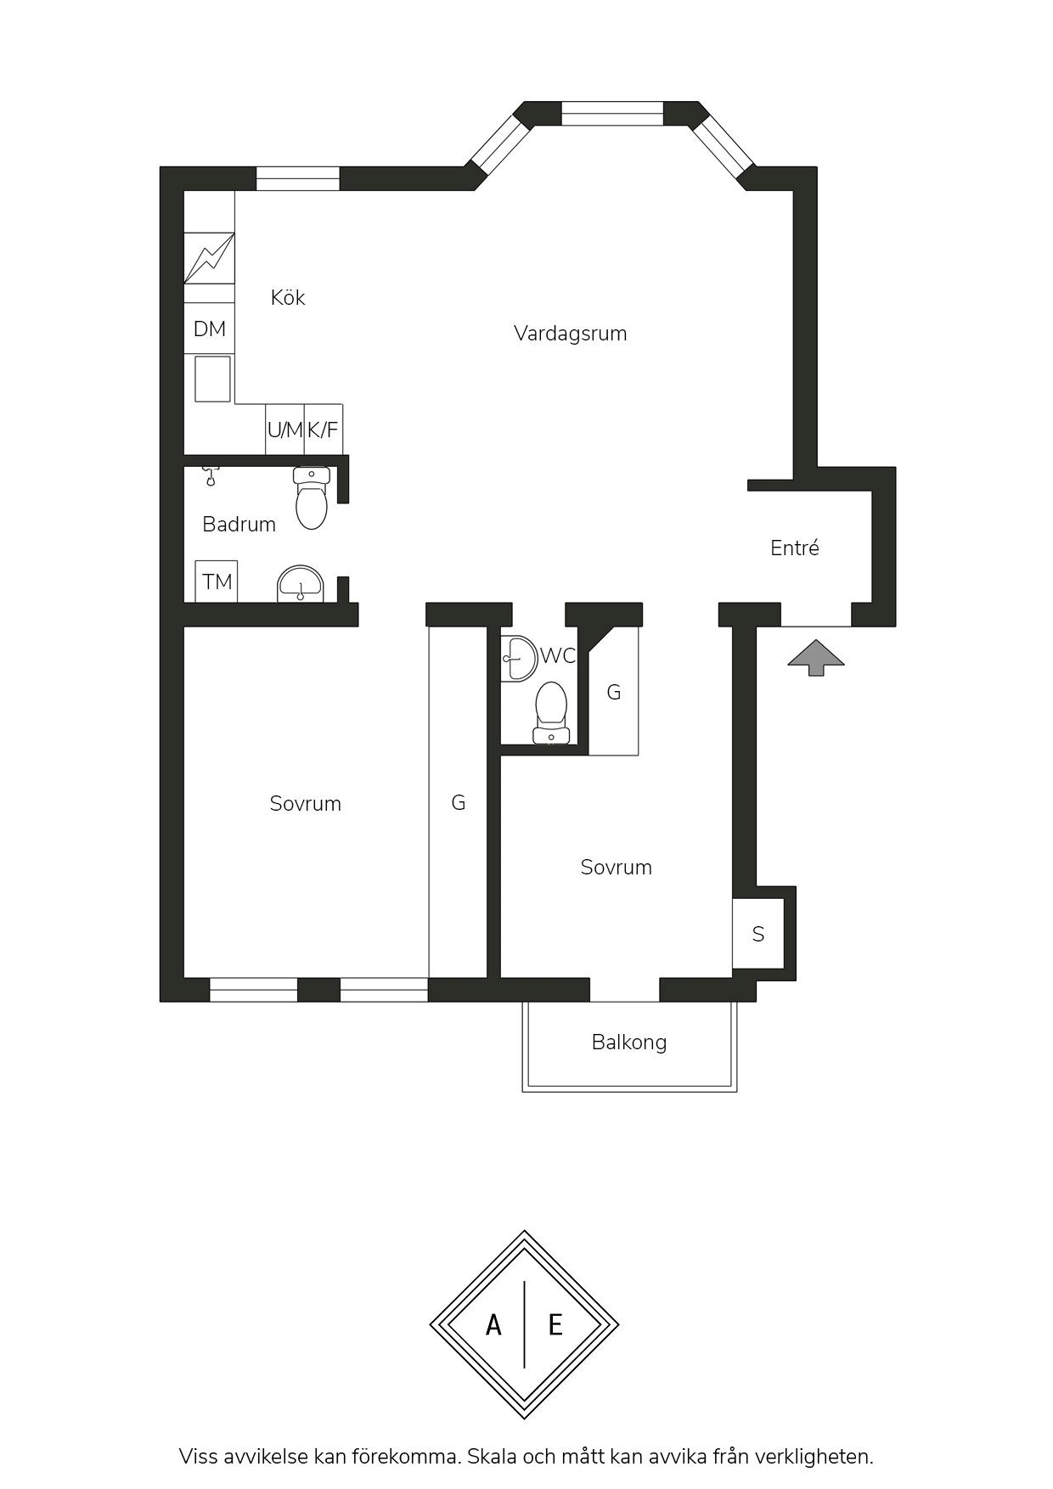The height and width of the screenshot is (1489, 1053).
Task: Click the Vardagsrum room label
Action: pos(570,334)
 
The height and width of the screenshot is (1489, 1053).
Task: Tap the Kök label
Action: pos(288,297)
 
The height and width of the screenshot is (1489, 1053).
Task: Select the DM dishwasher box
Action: pos(210,329)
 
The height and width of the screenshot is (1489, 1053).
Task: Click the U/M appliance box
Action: pos(285,430)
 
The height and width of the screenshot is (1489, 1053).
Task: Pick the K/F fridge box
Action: pos(324,430)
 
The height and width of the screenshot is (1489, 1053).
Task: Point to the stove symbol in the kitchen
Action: pos(209,258)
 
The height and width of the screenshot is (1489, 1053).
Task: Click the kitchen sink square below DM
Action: pos(212,379)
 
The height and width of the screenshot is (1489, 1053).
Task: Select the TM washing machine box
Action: pos(217,582)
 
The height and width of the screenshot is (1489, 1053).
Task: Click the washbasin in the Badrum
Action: pos(300,584)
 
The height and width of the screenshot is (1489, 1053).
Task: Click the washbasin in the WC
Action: pos(518,658)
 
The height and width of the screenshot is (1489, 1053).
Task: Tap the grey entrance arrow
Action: pos(816,658)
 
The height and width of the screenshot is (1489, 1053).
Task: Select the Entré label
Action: pos(795,548)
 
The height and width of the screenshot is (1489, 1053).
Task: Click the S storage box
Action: pos(758,934)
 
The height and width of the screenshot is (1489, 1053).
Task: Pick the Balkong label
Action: pos(629,1042)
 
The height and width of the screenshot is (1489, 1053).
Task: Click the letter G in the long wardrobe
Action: pos(459,802)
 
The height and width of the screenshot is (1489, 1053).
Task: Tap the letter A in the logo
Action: pos(493,1324)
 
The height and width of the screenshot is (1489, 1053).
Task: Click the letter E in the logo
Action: pos(555,1324)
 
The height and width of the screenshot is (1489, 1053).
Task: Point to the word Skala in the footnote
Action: pos(493,1457)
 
